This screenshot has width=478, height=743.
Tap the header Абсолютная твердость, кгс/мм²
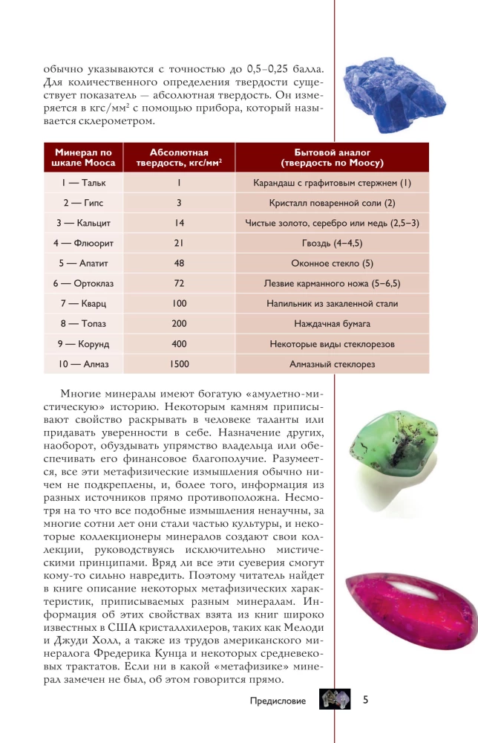(179, 157)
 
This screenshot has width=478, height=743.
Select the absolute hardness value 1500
(179, 364)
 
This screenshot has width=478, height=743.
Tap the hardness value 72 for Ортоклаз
(179, 283)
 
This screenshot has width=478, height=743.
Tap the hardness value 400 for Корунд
(179, 344)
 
